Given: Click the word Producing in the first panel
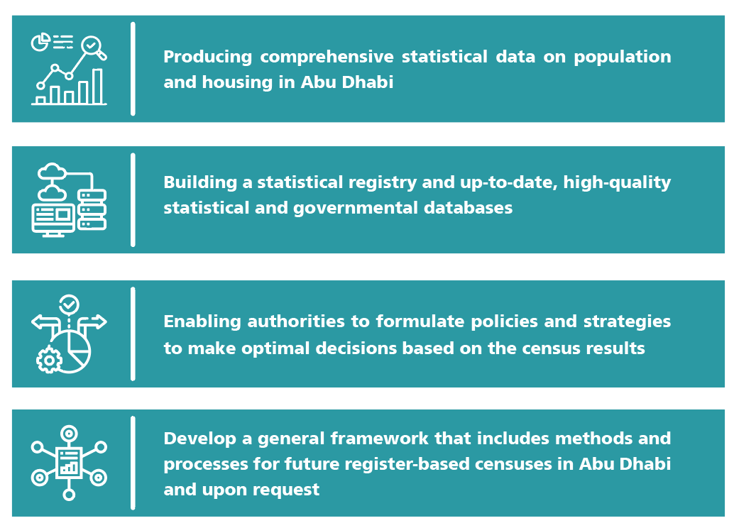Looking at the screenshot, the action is click(x=208, y=57).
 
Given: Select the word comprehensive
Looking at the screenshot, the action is click(x=327, y=57).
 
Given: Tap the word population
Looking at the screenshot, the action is click(x=622, y=57).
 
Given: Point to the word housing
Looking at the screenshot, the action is click(x=237, y=82).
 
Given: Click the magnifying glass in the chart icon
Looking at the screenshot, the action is click(x=93, y=48).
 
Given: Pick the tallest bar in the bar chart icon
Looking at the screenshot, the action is click(x=97, y=86).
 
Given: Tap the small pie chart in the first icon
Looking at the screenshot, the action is click(x=40, y=42).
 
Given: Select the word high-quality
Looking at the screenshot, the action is click(x=617, y=182).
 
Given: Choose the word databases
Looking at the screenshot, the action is click(x=468, y=208).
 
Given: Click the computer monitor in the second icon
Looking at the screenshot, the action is click(x=53, y=220).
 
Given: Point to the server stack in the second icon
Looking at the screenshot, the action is click(x=92, y=209).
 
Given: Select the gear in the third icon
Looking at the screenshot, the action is click(x=49, y=360).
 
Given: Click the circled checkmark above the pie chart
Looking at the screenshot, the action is click(x=69, y=304).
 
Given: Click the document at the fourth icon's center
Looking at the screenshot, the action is click(x=69, y=463).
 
